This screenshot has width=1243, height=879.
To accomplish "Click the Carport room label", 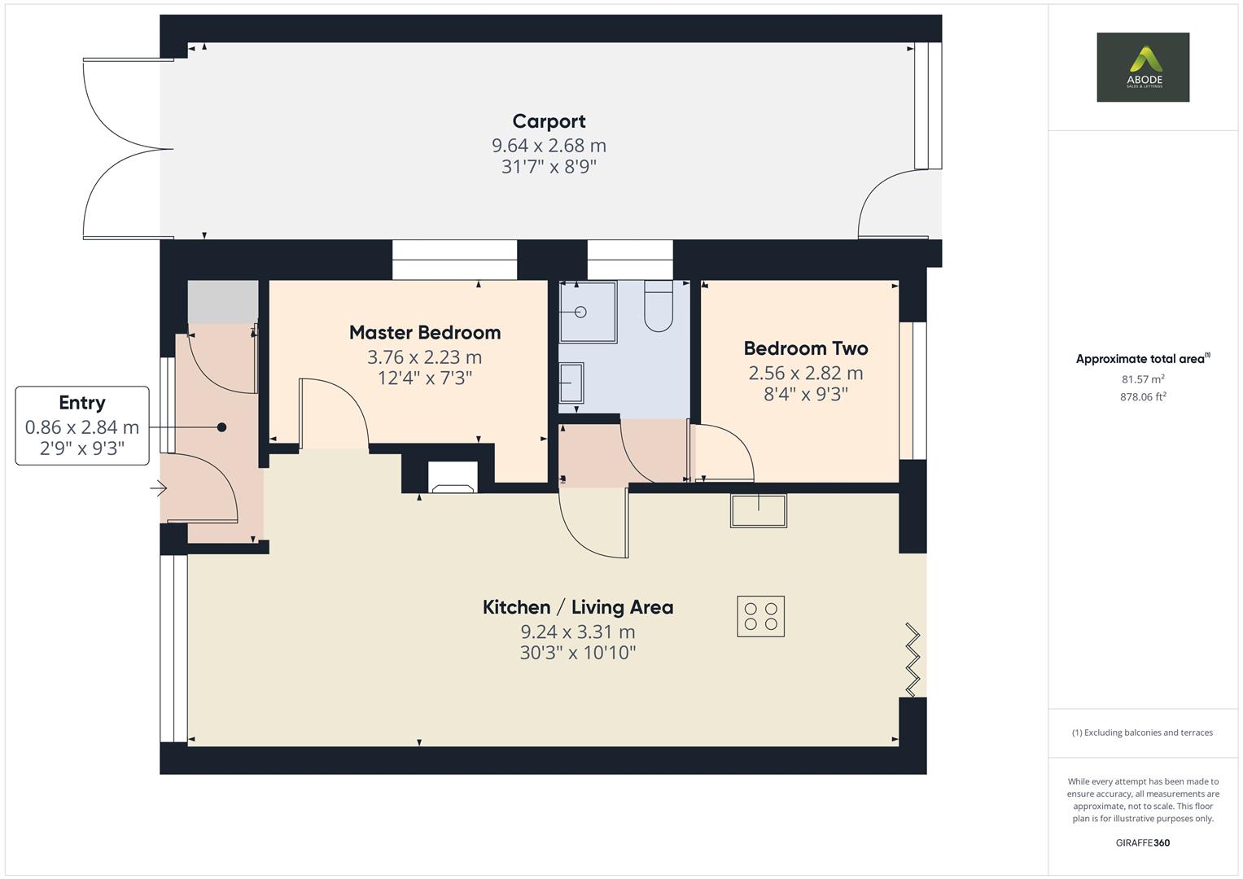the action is (x=549, y=121).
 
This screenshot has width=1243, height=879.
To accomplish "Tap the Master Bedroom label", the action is (x=425, y=332).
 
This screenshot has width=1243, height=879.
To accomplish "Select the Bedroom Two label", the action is (x=806, y=348).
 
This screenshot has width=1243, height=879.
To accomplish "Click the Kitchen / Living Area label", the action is (x=578, y=607).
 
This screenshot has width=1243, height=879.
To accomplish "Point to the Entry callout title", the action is (x=82, y=403).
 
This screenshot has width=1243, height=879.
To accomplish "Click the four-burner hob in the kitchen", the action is (x=761, y=616).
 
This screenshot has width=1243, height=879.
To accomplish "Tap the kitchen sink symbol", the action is (x=759, y=510).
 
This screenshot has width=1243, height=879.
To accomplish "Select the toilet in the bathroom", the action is (x=659, y=306).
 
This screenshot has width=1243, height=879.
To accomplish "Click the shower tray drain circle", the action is (x=580, y=312).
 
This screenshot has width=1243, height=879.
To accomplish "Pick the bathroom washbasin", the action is (x=571, y=383).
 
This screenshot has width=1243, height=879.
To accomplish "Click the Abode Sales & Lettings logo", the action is (x=1143, y=67).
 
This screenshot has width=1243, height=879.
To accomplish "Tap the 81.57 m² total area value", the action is (x=1143, y=379).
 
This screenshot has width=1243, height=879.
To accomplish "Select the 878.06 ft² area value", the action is (x=1143, y=396).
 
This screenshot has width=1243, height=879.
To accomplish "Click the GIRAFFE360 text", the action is (x=1143, y=842).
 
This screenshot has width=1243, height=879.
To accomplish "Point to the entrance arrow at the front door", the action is (x=159, y=488).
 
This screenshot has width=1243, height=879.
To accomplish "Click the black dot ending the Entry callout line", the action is (x=222, y=427).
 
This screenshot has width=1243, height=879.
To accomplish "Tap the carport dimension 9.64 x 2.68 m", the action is (x=549, y=146).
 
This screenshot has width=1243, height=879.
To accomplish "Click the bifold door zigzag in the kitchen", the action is (x=913, y=659).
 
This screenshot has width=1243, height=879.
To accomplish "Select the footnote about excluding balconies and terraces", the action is (x=1143, y=732).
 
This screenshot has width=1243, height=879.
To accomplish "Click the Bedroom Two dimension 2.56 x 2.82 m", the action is (x=806, y=373).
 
